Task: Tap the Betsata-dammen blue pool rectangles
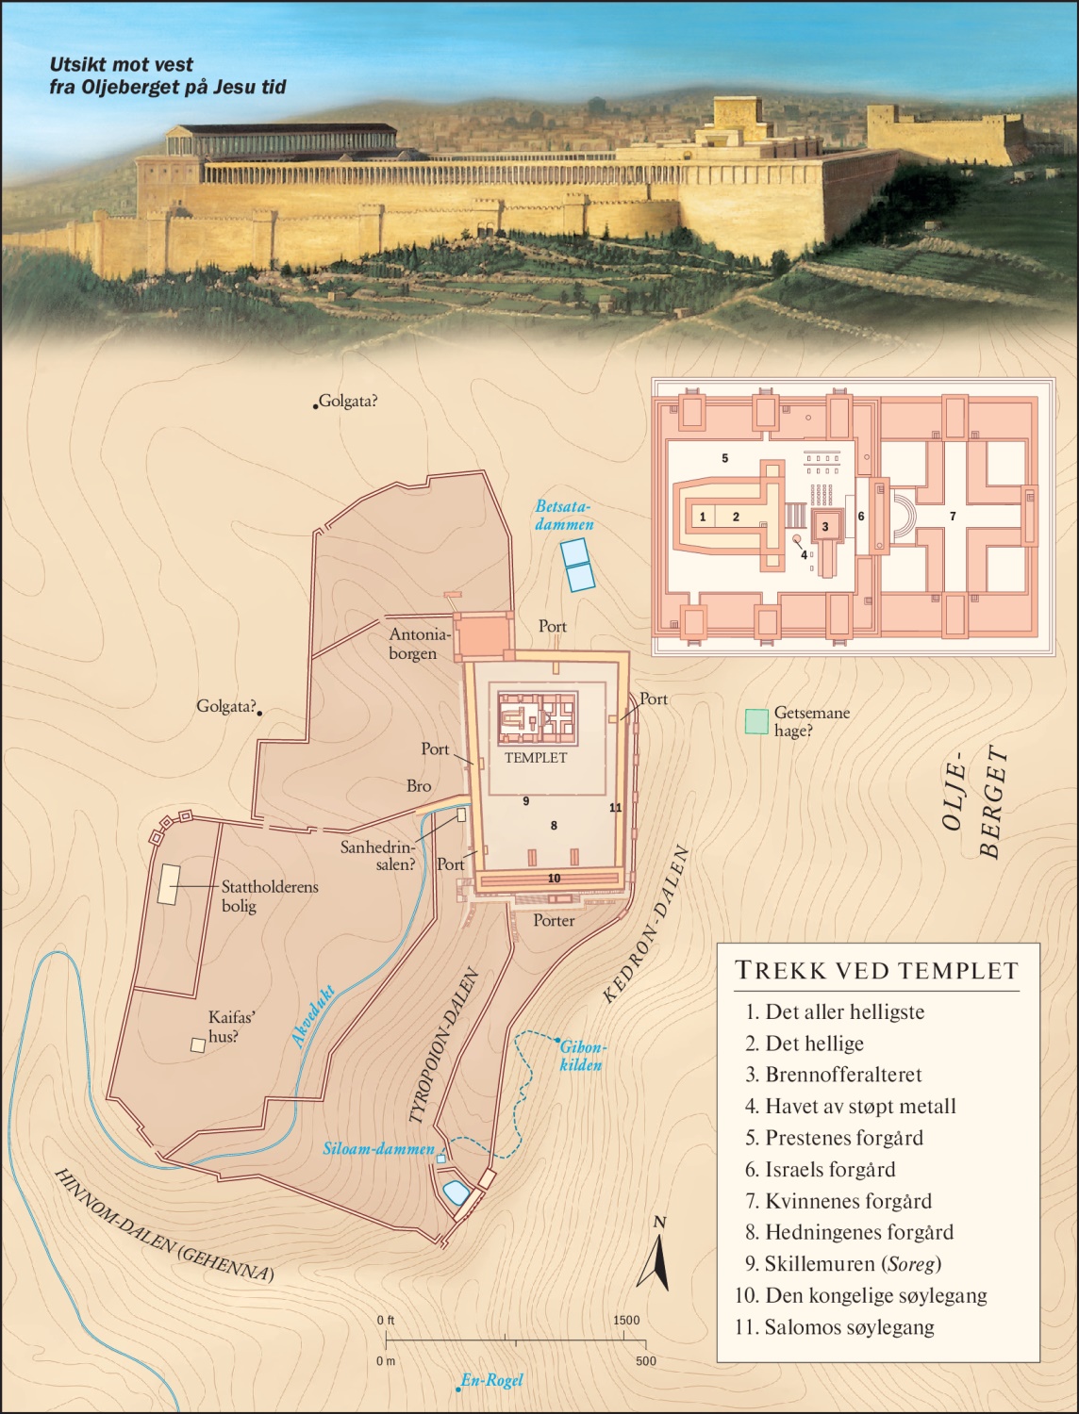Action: coord(577,565)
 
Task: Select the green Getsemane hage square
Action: coord(755,722)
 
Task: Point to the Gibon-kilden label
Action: coord(583,1056)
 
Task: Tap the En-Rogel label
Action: coord(491,1381)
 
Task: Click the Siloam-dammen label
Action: coord(378,1150)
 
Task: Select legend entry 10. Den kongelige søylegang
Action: coord(860,1295)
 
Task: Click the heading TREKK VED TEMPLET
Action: coord(876,970)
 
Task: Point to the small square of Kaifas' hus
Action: coord(198,1044)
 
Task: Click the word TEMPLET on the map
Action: coord(536,757)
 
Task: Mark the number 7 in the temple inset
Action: coord(953,517)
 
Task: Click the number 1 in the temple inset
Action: coord(703,518)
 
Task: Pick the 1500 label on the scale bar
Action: coord(626,1321)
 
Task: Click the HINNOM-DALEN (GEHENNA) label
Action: coord(163,1225)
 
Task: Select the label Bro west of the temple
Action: coord(419,785)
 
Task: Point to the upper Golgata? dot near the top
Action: coord(315,406)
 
